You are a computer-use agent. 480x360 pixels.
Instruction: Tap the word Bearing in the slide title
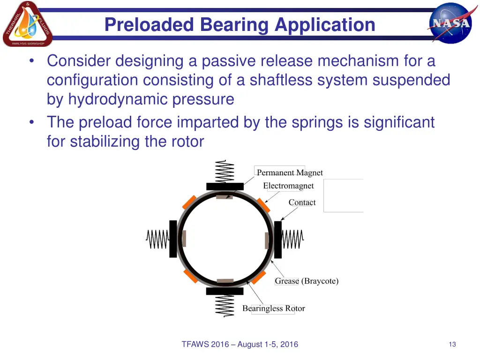tap(236, 24)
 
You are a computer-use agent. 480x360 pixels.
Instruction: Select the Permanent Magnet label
tap(290, 172)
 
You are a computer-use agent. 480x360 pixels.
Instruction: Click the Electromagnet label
tap(288, 186)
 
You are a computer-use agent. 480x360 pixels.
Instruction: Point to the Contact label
tap(302, 202)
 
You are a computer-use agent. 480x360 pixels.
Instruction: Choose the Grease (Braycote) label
tap(307, 281)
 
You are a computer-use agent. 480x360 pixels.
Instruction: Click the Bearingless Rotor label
tap(273, 308)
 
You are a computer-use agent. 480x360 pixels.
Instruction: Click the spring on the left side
tap(157, 240)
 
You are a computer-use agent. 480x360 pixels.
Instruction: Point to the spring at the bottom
tap(225, 306)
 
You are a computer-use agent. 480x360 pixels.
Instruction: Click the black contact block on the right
tap(278, 240)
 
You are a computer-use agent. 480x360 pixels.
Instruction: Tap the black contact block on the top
tap(225, 186)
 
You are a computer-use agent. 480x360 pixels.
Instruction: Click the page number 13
tap(452, 345)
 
